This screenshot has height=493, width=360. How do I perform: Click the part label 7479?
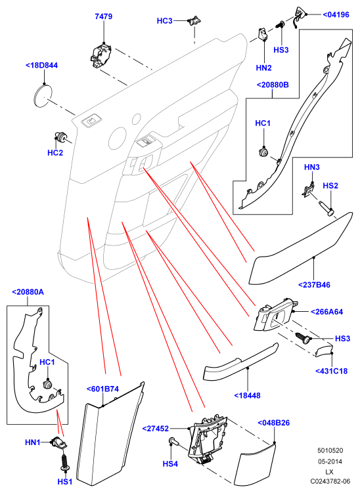pyautogui.click(x=104, y=16)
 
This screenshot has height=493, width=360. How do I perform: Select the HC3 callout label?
pyautogui.click(x=165, y=21)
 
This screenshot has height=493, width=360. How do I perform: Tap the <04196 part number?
pyautogui.click(x=336, y=14)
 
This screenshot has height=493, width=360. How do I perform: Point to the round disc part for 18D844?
pyautogui.click(x=43, y=95)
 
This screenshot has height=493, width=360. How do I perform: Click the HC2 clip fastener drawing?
pyautogui.click(x=60, y=137)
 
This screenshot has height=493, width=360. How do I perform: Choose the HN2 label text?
pyautogui.click(x=263, y=68)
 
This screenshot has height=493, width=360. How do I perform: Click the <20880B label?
pyautogui.click(x=273, y=85)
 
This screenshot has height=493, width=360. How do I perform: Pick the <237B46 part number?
pyautogui.click(x=314, y=285)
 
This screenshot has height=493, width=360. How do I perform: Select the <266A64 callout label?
pyautogui.click(x=326, y=312)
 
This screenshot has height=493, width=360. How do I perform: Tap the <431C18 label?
pyautogui.click(x=331, y=371)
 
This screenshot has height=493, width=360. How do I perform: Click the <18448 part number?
pyautogui.click(x=248, y=396)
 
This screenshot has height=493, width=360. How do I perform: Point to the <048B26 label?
pyautogui.click(x=273, y=423)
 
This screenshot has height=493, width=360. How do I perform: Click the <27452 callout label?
pyautogui.click(x=156, y=429)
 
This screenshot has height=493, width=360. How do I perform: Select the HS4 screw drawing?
pyautogui.click(x=174, y=442)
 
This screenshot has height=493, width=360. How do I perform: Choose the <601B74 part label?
pyautogui.click(x=102, y=389)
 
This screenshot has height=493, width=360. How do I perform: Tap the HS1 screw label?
pyautogui.click(x=65, y=481)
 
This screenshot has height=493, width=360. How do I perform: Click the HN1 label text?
pyautogui.click(x=33, y=442)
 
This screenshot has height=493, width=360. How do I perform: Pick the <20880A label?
pyautogui.click(x=28, y=292)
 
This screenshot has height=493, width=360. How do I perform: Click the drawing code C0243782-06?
pyautogui.click(x=330, y=481)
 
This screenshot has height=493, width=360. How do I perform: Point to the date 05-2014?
pyautogui.click(x=330, y=461)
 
